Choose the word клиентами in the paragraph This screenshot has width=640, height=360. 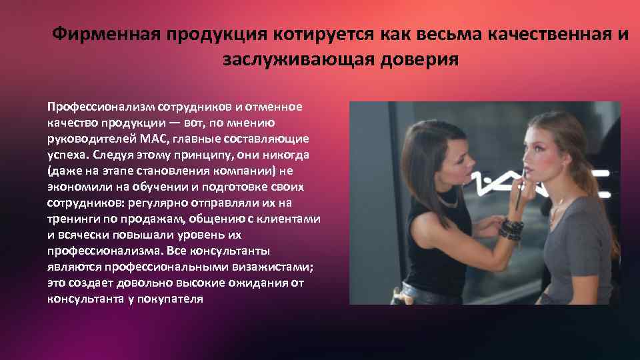[291, 219]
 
